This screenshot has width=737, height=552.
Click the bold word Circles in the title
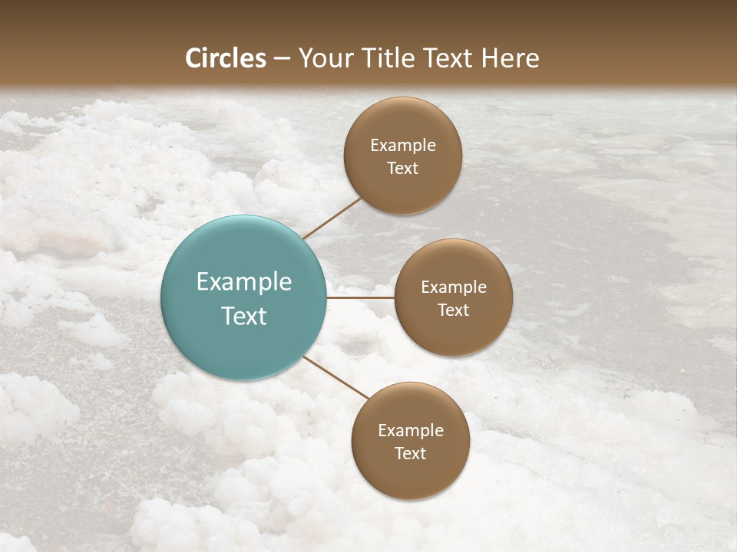tap(226, 58)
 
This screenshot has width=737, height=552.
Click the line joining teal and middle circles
tap(360, 297)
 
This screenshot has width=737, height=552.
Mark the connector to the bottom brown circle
tap(335, 378)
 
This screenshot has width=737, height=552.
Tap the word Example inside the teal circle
tap(243, 282)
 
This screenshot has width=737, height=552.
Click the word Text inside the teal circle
tap(243, 316)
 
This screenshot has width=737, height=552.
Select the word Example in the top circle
tap(403, 146)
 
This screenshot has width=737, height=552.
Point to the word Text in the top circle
tap(402, 169)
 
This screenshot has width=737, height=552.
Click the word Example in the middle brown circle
tap(454, 287)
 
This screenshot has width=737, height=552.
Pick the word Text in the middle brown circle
tap(453, 310)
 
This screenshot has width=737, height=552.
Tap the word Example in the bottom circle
tap(411, 431)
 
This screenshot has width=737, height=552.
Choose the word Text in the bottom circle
tap(410, 454)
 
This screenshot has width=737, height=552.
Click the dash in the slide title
tap(282, 59)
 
